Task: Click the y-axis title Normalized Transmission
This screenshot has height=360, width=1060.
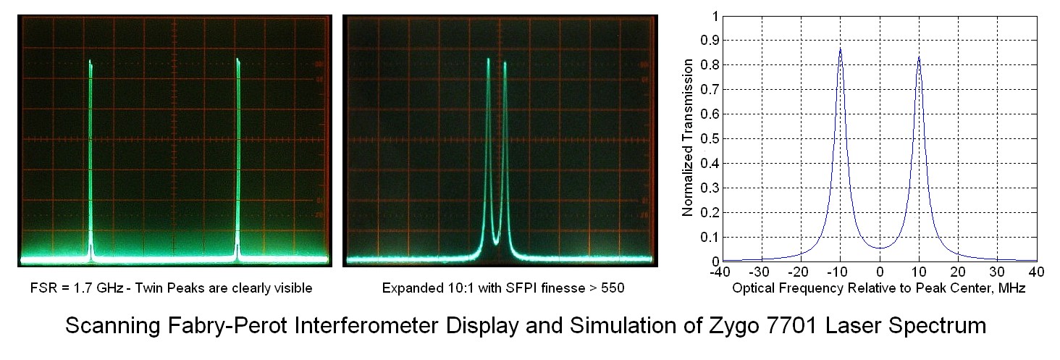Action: click(x=689, y=138)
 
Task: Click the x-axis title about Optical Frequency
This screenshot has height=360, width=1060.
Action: click(x=879, y=288)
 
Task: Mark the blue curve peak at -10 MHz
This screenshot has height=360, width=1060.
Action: click(x=840, y=49)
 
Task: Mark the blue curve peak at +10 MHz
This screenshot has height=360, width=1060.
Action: click(x=919, y=57)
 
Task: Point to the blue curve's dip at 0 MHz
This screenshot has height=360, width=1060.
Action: click(x=880, y=248)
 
